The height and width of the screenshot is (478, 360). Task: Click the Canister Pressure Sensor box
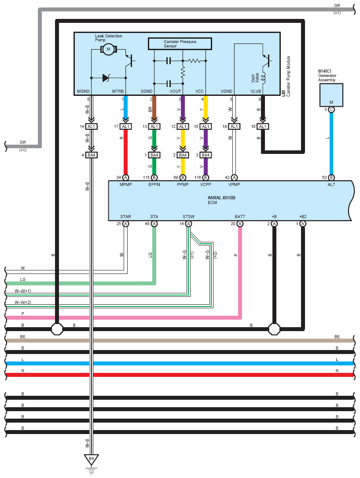tap(180, 44)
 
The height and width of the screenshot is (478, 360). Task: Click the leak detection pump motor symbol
tap(108, 49)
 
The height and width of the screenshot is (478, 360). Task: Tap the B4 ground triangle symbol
tap(91, 459)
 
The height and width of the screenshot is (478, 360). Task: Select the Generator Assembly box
tap(331, 95)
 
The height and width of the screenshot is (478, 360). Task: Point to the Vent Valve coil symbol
tap(263, 77)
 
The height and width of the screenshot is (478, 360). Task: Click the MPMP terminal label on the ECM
tap(126, 184)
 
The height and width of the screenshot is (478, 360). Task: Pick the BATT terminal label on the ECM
tap(240, 216)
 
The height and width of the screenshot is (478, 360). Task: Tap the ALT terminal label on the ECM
tap(331, 184)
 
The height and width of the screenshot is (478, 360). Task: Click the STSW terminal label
tap(188, 216)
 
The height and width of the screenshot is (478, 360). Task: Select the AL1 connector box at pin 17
tap(125, 127)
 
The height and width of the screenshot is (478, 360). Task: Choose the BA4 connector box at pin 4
tap(91, 155)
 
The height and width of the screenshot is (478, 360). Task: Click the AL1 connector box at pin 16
tap(263, 127)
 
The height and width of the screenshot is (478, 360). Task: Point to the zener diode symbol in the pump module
tap(106, 78)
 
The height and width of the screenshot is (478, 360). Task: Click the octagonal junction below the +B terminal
tap(274, 329)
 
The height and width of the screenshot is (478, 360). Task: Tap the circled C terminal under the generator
tap(331, 109)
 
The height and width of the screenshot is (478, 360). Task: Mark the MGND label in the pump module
tap(83, 91)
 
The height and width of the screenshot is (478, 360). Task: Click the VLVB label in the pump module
tap(256, 91)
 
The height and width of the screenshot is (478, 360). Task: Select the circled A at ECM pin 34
tap(125, 177)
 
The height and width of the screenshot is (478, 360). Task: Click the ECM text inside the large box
tap(212, 202)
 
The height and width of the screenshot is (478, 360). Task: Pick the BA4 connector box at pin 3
tap(206, 155)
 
